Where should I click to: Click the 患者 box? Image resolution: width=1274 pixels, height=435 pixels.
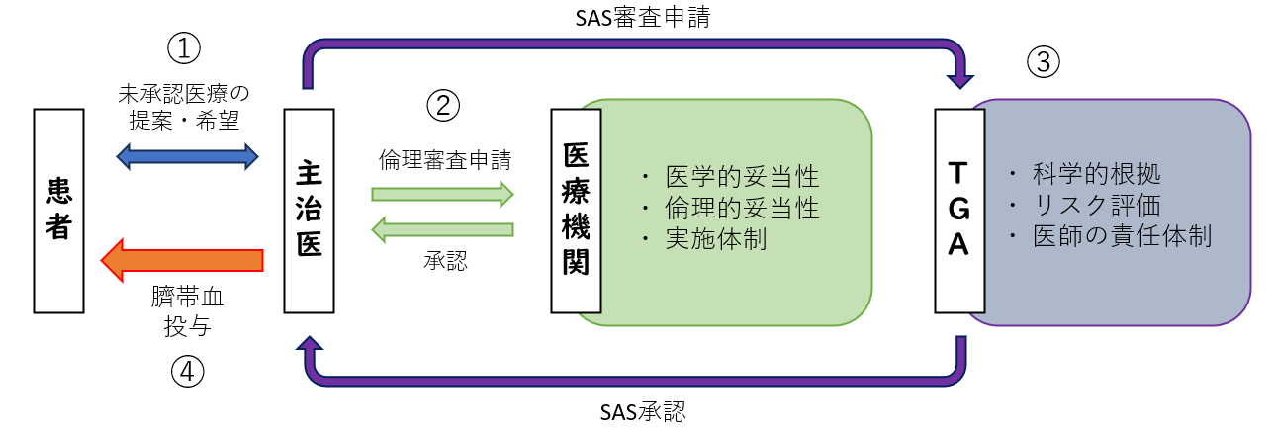59,211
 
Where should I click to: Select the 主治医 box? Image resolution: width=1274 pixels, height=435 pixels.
309,211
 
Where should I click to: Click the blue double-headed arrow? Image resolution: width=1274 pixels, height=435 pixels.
187,154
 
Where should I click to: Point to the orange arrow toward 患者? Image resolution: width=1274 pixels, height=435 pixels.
183,260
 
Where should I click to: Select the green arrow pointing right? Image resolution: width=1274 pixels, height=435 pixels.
442,193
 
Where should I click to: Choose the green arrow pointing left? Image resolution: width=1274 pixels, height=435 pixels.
442,230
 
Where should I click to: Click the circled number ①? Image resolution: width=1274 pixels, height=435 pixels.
184,46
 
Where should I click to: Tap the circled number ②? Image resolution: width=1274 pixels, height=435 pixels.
443,105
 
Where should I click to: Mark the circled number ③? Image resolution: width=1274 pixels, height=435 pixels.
1043,63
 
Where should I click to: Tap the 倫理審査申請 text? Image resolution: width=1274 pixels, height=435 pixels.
444,158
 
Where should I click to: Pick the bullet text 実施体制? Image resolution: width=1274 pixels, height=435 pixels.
714,240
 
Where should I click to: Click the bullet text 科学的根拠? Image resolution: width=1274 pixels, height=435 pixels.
1096,175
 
